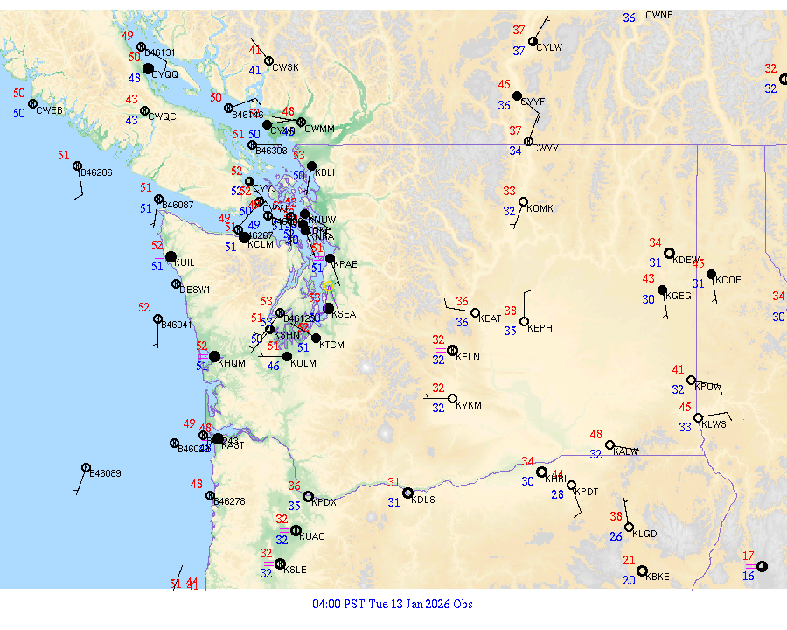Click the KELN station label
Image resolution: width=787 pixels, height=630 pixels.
(468, 357)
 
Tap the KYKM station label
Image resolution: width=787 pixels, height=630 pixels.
(469, 406)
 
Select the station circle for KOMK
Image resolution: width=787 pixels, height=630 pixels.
(523, 202)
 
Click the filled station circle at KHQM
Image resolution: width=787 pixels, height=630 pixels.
(214, 356)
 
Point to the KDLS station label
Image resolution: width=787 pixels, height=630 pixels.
(423, 500)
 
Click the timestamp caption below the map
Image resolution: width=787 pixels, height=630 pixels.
(393, 604)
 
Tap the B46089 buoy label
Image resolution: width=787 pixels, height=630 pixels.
(106, 473)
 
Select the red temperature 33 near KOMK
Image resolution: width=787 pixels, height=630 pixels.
(509, 191)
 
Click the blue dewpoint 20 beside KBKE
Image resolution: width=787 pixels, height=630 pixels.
(629, 580)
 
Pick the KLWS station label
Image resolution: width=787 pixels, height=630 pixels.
(714, 424)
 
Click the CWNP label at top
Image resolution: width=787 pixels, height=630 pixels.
(659, 15)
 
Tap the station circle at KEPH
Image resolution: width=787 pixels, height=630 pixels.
(524, 321)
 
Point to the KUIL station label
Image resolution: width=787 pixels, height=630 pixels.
(184, 262)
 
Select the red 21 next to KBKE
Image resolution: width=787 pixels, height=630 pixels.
(629, 560)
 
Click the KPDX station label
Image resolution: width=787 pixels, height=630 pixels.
(324, 502)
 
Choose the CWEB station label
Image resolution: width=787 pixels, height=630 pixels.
(49, 110)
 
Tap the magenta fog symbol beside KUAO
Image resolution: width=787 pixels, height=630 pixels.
(283, 530)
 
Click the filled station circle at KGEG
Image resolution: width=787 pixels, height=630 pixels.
(662, 290)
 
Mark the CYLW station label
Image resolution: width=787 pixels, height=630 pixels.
(549, 47)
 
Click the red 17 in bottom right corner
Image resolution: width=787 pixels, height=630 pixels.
(748, 556)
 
